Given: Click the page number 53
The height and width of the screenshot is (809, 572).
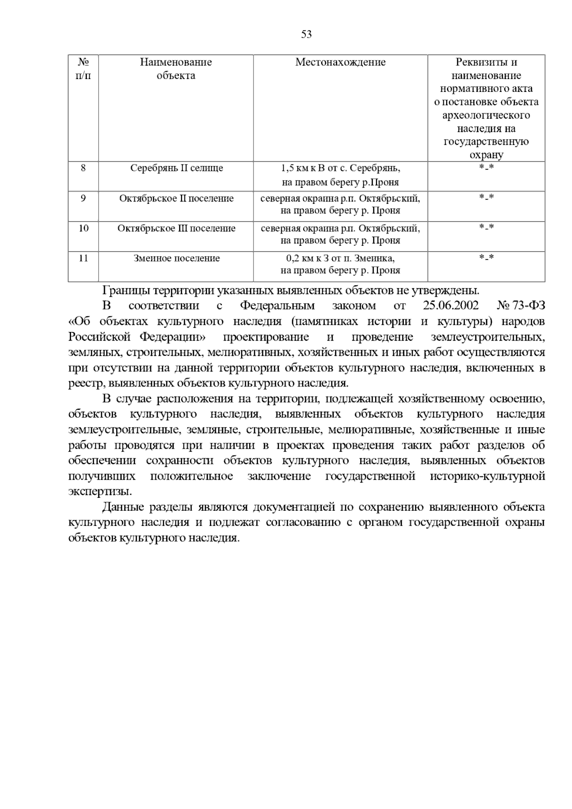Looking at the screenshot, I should (x=306, y=34).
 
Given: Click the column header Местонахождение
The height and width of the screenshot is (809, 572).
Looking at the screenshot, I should (x=340, y=62).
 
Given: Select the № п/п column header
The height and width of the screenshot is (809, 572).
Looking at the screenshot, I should (x=83, y=69).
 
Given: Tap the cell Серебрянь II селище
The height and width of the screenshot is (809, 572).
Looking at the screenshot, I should (x=176, y=168).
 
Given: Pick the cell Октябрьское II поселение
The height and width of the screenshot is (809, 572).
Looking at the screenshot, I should (x=176, y=199).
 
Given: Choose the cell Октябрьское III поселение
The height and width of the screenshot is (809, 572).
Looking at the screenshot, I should (x=176, y=229).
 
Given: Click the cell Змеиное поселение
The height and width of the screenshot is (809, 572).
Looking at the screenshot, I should (x=176, y=259).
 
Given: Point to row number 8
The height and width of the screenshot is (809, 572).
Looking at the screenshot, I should (x=83, y=168).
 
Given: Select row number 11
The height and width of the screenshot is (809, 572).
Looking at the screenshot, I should (x=83, y=259).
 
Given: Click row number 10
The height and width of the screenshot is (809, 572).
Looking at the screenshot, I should (x=83, y=229).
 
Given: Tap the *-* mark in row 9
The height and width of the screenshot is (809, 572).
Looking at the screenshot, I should (x=486, y=198).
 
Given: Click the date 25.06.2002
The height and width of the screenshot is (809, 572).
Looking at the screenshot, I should (x=450, y=306).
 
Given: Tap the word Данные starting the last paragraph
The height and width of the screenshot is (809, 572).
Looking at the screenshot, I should (x=120, y=507).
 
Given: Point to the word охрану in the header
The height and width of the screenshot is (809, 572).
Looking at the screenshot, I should (x=486, y=155).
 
